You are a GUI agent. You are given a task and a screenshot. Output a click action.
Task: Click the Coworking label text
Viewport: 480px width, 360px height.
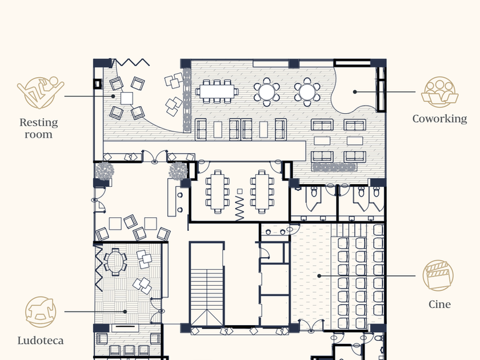[439, 119]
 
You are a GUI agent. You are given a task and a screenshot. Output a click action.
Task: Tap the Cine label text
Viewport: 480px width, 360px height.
[439, 304]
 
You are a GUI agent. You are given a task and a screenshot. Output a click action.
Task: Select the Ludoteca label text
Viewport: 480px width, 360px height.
[41, 341]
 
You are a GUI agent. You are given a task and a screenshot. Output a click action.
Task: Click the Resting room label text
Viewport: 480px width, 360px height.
[39, 128]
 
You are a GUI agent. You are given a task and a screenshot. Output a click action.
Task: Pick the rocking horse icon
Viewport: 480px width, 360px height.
[41, 312]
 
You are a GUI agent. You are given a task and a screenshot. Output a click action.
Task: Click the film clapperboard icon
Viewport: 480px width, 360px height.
[438, 275]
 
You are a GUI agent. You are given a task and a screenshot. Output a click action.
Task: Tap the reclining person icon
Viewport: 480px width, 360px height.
[41, 93]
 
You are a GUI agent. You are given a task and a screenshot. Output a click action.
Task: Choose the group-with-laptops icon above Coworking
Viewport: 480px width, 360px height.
[439, 91]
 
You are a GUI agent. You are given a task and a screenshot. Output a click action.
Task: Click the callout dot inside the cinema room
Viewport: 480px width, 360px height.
[319, 276]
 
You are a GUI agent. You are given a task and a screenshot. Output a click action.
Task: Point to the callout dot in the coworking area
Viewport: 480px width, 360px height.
[355, 92]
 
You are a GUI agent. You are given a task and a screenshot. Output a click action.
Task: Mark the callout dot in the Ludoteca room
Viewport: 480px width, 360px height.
[125, 311]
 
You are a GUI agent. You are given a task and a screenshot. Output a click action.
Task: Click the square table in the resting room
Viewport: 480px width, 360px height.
[127, 98]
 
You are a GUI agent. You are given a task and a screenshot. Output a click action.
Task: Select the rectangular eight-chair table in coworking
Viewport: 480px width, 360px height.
[217, 91]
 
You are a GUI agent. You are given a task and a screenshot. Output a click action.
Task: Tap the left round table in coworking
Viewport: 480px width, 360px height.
[267, 92]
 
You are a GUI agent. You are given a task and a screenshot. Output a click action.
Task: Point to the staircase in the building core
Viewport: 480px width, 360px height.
[207, 297]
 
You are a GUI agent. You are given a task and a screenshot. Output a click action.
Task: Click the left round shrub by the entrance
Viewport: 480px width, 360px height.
[105, 171]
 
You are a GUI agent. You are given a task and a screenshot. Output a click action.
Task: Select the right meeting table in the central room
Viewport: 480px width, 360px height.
[262, 192]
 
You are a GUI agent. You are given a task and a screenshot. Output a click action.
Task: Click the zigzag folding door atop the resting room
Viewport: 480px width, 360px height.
[131, 62]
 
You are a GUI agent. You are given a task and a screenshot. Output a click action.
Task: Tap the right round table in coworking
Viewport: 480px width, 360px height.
[307, 92]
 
